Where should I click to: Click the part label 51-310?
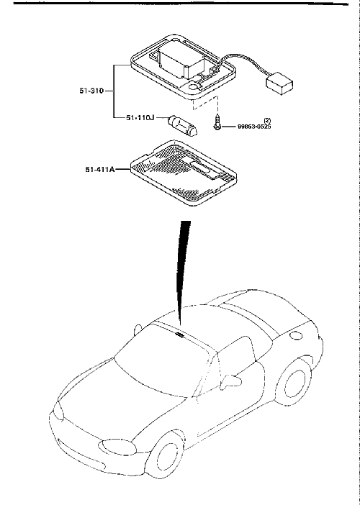[x=91, y=91]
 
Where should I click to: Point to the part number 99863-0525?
[x=254, y=127]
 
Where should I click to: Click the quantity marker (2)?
[x=267, y=120]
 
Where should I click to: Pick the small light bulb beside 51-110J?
[x=183, y=127]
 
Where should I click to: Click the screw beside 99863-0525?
[x=217, y=122]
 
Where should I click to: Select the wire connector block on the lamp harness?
[x=279, y=83]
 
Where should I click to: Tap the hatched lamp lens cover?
[x=183, y=173]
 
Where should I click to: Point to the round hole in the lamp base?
[x=194, y=86]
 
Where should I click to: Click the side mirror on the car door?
[x=231, y=380]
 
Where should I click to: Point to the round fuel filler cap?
[x=295, y=335]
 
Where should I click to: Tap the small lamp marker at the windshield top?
[x=179, y=335]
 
